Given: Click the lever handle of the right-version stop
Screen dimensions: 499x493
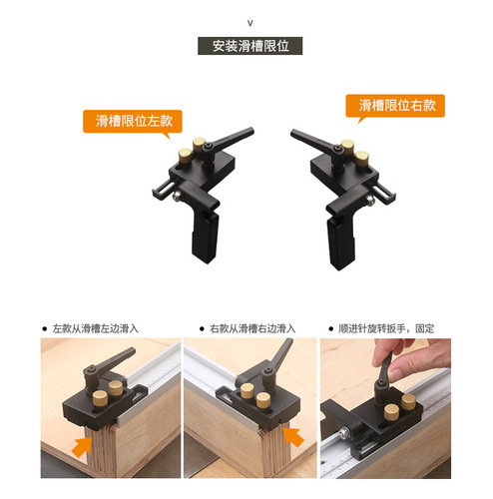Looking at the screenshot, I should (307, 139).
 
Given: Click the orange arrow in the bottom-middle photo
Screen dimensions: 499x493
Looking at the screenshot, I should (293, 436).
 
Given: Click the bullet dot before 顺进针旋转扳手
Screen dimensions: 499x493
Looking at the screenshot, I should (330, 327).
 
